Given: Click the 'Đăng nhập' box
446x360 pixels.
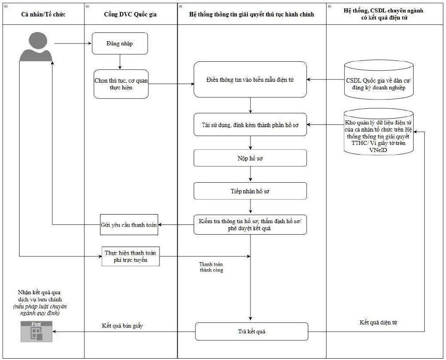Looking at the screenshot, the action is [x=120, y=44].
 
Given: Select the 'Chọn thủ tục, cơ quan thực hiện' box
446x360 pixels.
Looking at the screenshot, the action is [x=121, y=84].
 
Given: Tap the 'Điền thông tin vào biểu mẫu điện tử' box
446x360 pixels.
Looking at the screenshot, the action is [x=250, y=80].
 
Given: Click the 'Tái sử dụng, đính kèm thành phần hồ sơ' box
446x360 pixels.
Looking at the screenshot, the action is [x=250, y=124].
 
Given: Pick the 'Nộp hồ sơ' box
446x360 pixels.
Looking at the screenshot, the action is [x=250, y=158].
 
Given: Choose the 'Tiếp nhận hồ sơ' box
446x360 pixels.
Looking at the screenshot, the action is [x=250, y=191].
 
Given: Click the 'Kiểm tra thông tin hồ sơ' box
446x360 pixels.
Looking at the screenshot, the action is [x=250, y=225].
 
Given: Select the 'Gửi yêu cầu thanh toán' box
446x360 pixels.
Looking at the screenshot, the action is [x=129, y=225].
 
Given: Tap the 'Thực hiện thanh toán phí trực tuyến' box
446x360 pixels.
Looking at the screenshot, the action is [x=131, y=256].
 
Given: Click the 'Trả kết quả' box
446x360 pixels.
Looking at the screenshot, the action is [x=252, y=332].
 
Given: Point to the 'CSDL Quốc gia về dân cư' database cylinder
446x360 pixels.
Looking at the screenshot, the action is [x=378, y=80].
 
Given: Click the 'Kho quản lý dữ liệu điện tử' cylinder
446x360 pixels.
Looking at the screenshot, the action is [x=378, y=132].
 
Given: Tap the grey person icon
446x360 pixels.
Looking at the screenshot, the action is [x=36, y=47].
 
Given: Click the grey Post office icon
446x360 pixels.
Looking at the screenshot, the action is [x=36, y=332].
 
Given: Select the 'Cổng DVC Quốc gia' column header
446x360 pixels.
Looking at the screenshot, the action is [x=130, y=14].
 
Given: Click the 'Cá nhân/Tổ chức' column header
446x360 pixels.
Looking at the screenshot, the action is [x=43, y=14].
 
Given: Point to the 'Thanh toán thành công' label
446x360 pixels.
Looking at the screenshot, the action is [x=211, y=267].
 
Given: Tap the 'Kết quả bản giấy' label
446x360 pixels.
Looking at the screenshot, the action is [x=122, y=326].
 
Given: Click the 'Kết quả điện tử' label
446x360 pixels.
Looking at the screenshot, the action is [x=378, y=322].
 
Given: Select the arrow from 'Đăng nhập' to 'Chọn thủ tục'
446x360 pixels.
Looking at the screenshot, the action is [x=120, y=62].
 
